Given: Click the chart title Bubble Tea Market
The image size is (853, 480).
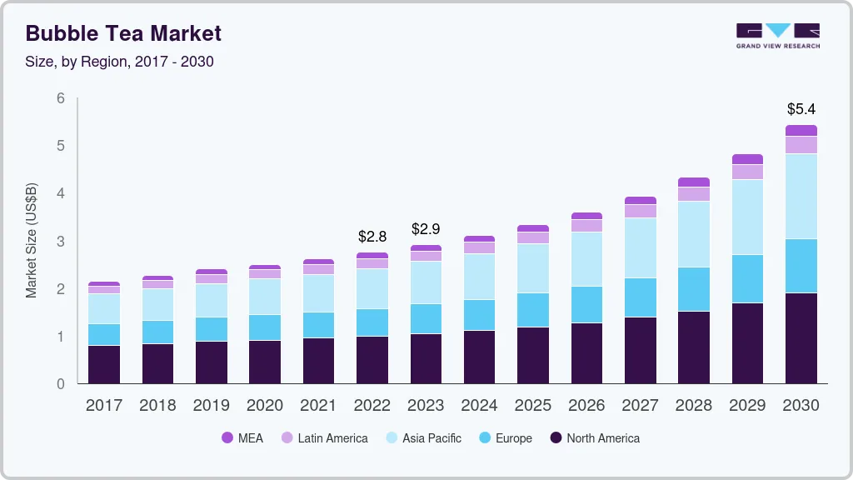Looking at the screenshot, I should (123, 33).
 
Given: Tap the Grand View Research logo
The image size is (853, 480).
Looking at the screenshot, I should (777, 35).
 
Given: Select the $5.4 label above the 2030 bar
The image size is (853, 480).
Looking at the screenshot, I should (801, 109).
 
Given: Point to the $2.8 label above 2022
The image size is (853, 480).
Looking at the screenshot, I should (372, 237).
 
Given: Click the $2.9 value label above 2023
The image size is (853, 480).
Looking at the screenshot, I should (426, 228).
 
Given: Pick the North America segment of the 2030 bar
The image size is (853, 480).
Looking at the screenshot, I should (801, 338).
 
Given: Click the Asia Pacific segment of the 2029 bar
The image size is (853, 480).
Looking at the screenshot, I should (748, 217).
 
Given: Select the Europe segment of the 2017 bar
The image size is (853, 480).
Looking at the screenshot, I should (104, 334).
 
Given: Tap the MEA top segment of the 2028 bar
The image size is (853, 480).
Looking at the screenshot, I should (694, 182).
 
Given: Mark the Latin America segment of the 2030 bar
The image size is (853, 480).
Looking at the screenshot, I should (801, 145).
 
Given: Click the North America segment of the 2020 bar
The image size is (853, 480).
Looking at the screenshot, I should (265, 362).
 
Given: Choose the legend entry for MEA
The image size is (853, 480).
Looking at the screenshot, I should (242, 438).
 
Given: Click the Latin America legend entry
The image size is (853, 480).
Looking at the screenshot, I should (323, 438).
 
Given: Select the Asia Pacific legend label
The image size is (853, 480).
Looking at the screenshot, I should (431, 438).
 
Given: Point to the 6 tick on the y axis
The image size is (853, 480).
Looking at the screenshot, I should (60, 98).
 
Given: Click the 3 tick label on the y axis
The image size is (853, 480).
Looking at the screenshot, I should (60, 242).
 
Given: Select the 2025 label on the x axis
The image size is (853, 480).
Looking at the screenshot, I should (533, 406).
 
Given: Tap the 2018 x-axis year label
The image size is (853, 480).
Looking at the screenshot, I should (157, 406).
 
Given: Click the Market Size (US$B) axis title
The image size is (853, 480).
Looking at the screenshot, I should (32, 240).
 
